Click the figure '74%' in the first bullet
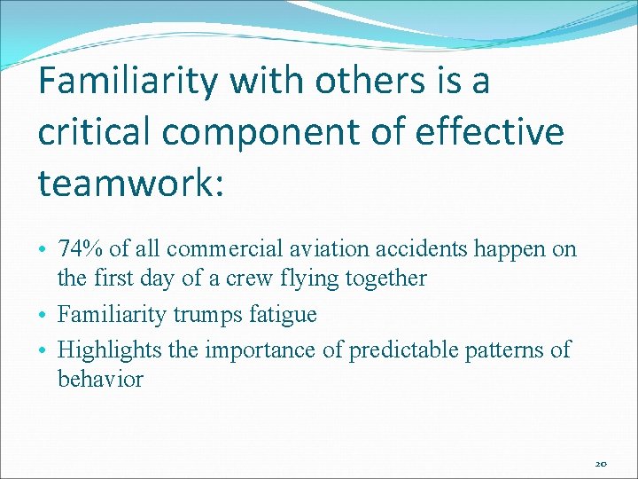(81, 249)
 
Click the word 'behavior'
(100, 379)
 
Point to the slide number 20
(601, 464)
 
